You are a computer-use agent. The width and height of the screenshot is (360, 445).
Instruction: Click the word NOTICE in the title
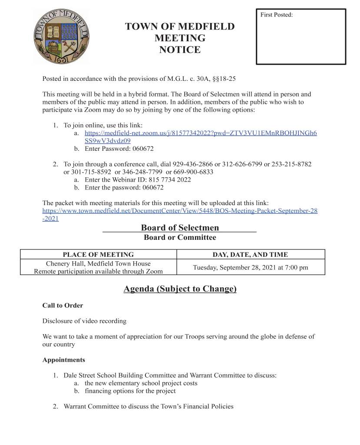180,50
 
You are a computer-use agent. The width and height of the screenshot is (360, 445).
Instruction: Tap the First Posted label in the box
277,15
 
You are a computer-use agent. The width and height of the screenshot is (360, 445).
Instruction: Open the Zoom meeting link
200,133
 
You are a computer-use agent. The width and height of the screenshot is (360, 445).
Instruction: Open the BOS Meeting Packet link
180,211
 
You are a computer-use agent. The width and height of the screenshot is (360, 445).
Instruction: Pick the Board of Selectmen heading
180,228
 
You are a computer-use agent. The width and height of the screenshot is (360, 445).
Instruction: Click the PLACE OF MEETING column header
98,255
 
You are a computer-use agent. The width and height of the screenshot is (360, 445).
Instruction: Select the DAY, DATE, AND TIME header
250,255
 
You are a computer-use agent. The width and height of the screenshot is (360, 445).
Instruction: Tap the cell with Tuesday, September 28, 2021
250,267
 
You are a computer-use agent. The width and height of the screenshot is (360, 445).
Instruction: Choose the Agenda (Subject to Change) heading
180,289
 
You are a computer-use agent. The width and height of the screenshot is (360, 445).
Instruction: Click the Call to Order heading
63,306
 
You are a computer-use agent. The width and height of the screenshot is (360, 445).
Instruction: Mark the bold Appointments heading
63,360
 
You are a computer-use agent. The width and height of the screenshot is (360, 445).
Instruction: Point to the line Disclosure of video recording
84,321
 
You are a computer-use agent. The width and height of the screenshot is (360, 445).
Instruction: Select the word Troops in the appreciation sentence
188,337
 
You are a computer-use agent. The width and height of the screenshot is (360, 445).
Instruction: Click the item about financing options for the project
130,391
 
